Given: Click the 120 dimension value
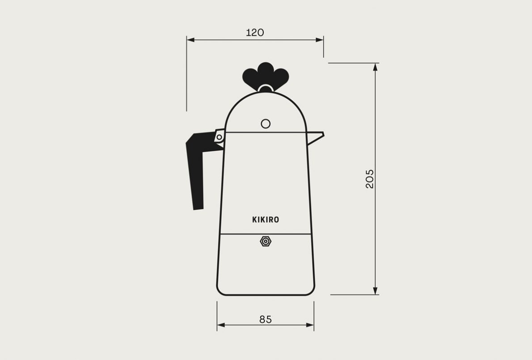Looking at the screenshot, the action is coord(255,33).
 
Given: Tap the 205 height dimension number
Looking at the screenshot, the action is coord(369,179).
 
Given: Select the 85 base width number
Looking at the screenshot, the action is coord(266,320).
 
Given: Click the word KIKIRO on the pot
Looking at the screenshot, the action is coord(266,220).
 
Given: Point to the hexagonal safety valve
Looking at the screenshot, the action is coord(266,241).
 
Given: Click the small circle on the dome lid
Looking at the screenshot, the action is coord(266,124).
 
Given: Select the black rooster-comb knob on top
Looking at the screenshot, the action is coord(266,76).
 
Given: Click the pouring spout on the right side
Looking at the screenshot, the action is coord(316,137).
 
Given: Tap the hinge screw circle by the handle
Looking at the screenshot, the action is coord(219,137).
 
